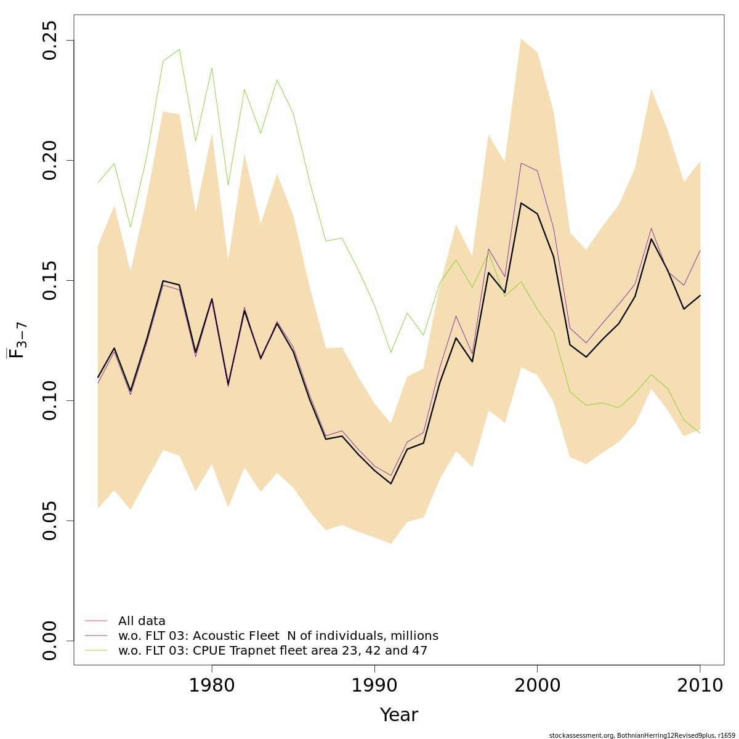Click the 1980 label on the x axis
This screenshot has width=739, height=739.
pyautogui.click(x=212, y=685)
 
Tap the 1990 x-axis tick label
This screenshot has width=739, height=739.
pyautogui.click(x=374, y=685)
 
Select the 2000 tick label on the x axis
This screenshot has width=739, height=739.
pyautogui.click(x=538, y=685)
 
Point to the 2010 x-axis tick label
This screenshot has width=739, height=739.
pyautogui.click(x=700, y=685)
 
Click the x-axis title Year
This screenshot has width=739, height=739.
pyautogui.click(x=398, y=715)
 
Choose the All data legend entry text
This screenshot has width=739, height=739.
pyautogui.click(x=142, y=621)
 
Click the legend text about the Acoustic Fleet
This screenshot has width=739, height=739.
pyautogui.click(x=278, y=636)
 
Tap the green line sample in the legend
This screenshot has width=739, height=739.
pyautogui.click(x=96, y=650)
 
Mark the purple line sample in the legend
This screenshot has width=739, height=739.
pyautogui.click(x=96, y=636)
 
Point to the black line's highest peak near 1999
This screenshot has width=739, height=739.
pyautogui.click(x=521, y=203)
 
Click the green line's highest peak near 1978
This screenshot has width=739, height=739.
pyautogui.click(x=179, y=49)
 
